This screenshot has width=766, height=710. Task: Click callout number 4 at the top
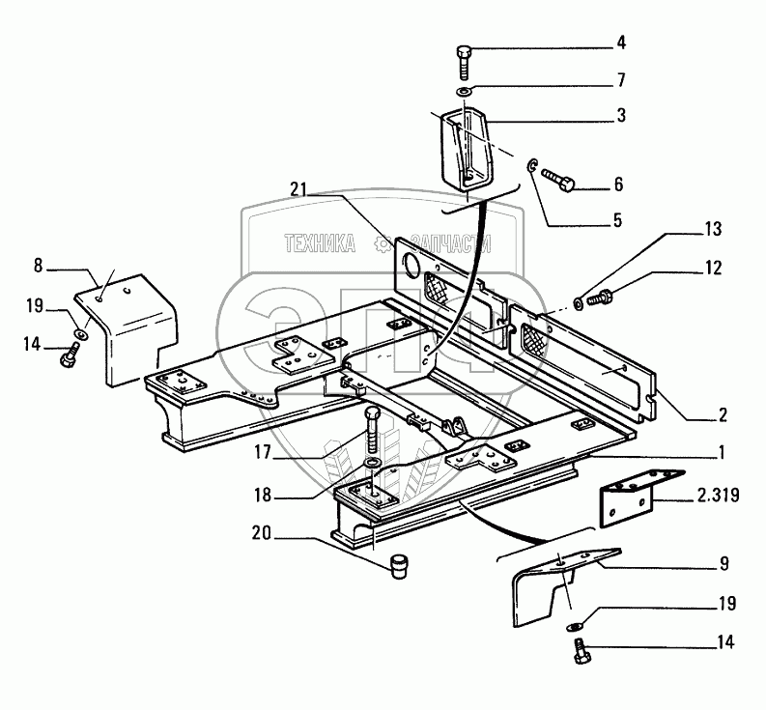click(x=621, y=42)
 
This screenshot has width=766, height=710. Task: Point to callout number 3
click(x=621, y=114)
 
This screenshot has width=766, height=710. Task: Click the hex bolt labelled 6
click(x=560, y=181)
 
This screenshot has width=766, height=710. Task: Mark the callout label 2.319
click(x=717, y=497)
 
